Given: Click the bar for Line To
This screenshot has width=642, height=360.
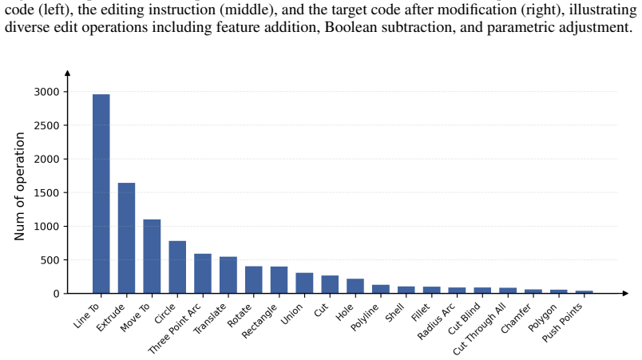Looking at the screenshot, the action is coord(101,194).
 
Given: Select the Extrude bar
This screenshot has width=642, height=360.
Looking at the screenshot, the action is coord(126,238).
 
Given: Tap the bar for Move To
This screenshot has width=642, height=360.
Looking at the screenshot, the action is coord(152,256).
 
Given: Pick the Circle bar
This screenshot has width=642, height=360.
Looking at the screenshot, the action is coord(177,267).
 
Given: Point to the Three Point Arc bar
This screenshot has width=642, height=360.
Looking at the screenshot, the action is coord(203,274).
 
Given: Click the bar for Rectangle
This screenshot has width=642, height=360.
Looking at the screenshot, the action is coord(279,280).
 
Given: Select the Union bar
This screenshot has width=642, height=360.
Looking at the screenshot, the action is coord(304,283).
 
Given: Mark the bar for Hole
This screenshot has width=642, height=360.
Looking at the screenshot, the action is coord(355,286).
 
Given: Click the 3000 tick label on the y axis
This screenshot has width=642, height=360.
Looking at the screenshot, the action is coord(46,92).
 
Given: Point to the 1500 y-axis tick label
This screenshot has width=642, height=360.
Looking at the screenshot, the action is coord(46,192).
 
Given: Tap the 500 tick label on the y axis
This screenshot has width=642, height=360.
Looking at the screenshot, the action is coord(50,260).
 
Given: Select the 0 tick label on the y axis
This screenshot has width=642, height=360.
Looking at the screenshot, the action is coord(57,294).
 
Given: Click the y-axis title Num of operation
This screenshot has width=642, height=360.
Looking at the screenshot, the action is coord(20,187).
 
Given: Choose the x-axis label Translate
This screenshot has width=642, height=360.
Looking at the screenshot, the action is coord(210,318).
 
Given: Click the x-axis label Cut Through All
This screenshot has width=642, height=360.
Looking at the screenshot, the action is coord(479,329).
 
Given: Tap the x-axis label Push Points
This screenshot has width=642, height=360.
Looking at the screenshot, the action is coord(562,322).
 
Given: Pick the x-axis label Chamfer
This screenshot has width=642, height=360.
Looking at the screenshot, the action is coord(516,318).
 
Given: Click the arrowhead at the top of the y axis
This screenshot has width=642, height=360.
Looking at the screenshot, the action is coord(68,73).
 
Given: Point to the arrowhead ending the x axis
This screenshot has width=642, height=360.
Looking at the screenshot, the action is coord(624,293).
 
